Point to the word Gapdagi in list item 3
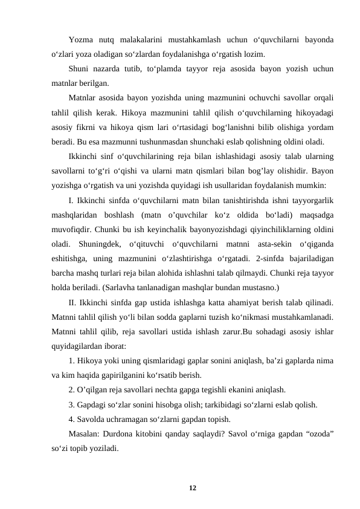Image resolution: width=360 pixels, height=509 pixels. [92, 403]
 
